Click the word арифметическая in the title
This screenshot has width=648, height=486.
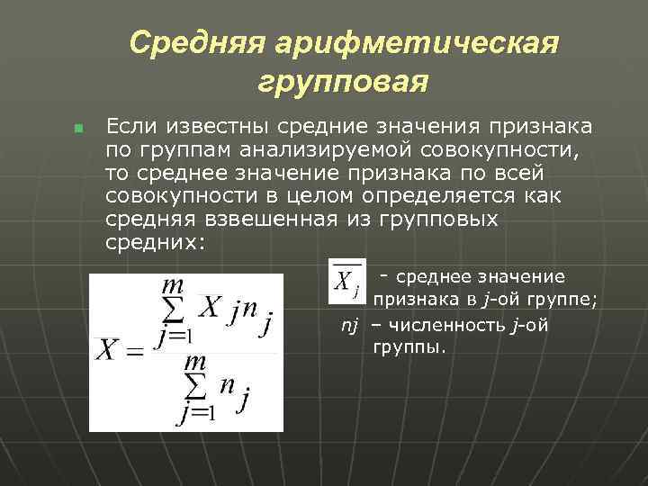tap(422, 43)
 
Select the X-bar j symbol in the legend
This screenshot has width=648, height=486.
tap(346, 279)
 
